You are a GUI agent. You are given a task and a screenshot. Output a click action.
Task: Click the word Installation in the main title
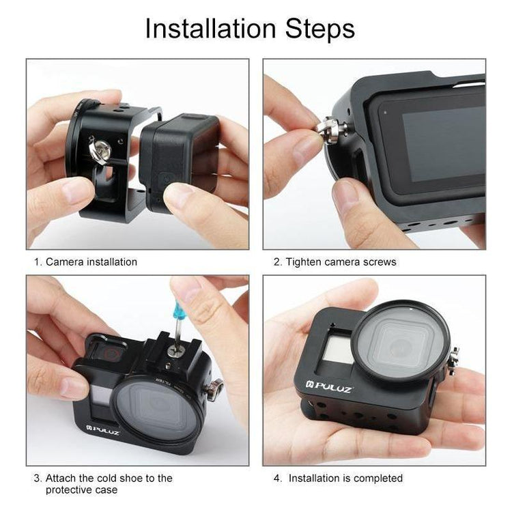[x=211, y=29]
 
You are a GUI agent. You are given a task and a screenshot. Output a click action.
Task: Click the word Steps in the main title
[x=320, y=29]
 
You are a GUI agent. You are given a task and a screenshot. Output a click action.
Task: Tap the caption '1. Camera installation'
[x=85, y=262]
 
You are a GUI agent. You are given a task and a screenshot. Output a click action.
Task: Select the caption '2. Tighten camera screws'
[x=335, y=262]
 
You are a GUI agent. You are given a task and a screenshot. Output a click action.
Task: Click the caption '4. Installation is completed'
[x=338, y=478]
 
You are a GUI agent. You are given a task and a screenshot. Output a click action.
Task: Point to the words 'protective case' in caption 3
[x=82, y=489]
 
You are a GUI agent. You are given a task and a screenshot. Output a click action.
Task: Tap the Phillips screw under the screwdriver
[x=176, y=351]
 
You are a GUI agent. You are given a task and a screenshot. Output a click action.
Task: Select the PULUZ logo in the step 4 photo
[x=329, y=387]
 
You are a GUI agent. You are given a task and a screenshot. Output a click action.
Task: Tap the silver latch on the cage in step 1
[x=100, y=150]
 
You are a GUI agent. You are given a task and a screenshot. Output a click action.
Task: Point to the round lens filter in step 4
[x=401, y=341]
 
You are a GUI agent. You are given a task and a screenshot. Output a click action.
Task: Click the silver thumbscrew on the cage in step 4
[x=454, y=361]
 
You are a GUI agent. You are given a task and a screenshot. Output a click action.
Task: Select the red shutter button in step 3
[x=111, y=354]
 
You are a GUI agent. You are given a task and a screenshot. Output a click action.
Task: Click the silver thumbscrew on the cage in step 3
[x=214, y=389]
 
